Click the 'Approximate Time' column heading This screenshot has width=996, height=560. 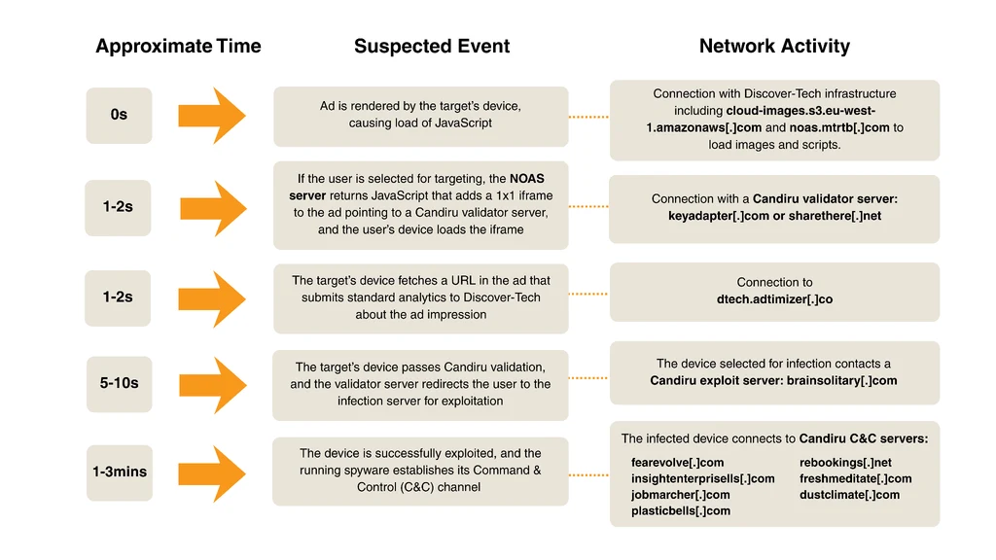coord(178,47)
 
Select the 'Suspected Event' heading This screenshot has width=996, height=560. coord(432,47)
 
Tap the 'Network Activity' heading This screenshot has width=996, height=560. coord(774,47)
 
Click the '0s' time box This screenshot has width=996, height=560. coord(119,115)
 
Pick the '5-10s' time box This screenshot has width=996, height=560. coord(119,383)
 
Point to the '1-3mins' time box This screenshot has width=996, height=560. coord(120,472)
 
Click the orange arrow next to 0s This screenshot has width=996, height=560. coord(211,116)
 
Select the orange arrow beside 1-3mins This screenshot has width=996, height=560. coord(211,473)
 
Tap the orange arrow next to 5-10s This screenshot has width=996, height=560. coord(213,385)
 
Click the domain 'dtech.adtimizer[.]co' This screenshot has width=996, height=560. coord(774,299)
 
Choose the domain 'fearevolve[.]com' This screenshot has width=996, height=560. coord(677,463)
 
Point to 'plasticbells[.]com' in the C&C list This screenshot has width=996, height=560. coord(680,511)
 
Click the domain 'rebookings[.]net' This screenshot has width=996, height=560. coord(845,463)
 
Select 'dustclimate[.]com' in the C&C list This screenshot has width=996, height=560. coord(849,495)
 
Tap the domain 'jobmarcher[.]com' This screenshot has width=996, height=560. coord(680,495)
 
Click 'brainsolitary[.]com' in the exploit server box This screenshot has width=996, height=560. coord(841,381)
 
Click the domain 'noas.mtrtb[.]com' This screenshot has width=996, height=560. coord(839,127)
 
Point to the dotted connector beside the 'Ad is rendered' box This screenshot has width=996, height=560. coord(588,117)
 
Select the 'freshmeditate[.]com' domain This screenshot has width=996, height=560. coord(855,478)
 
